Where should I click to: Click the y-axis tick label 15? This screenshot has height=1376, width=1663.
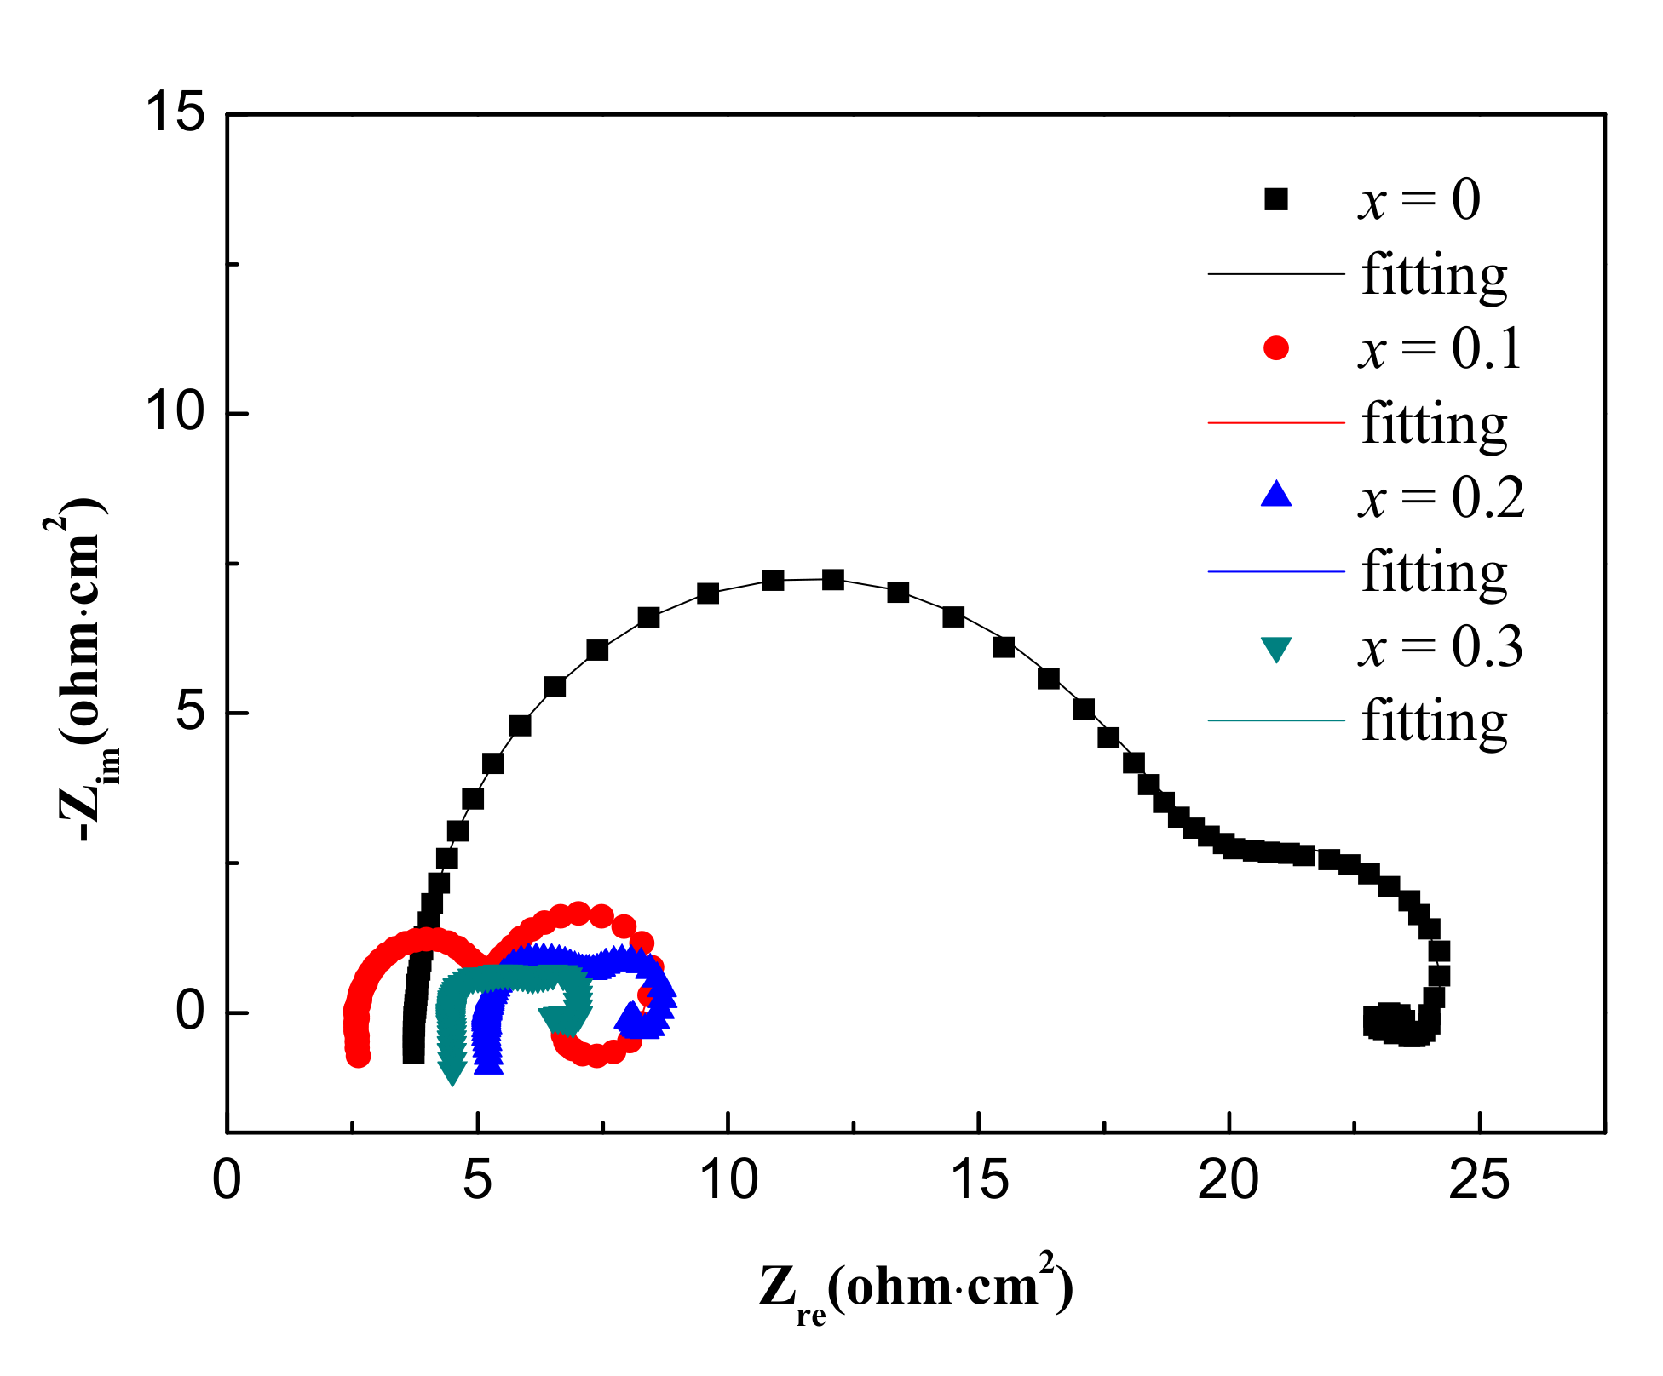click(x=175, y=113)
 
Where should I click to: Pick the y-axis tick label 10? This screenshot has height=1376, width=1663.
click(x=175, y=413)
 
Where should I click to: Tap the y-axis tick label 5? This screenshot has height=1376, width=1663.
click(x=191, y=713)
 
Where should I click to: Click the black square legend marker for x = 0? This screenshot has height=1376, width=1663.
click(x=1275, y=199)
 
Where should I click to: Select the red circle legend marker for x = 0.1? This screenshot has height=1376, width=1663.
click(x=1275, y=348)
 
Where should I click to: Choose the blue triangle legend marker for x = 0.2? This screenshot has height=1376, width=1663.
click(x=1275, y=496)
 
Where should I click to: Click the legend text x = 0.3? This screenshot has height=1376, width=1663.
click(x=1440, y=647)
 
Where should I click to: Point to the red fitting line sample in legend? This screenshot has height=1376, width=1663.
click(x=1275, y=422)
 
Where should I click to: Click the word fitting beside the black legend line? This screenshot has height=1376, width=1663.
click(x=1434, y=276)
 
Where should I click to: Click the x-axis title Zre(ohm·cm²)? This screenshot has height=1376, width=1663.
click(x=916, y=1288)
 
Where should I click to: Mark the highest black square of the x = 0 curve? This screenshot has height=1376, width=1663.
click(x=833, y=580)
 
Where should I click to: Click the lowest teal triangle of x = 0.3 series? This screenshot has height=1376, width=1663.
click(x=452, y=1074)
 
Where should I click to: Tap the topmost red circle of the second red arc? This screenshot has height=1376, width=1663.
click(x=578, y=914)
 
